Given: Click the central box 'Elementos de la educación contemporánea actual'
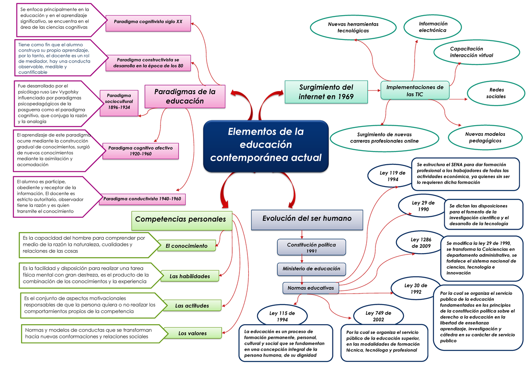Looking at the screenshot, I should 266,146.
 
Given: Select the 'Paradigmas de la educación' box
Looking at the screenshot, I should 184,96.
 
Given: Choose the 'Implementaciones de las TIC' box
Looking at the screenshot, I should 415,91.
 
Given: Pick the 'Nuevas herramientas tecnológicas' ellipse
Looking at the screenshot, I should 353,28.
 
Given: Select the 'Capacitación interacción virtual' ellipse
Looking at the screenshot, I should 477,52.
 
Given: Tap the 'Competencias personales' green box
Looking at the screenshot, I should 181,219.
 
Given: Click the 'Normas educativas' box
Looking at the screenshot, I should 311,288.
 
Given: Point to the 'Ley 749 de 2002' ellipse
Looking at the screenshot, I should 378,316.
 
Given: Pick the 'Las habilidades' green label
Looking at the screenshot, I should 190,276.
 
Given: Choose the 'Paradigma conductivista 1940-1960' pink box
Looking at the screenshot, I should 143,199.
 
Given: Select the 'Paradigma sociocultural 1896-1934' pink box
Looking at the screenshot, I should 119,104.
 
